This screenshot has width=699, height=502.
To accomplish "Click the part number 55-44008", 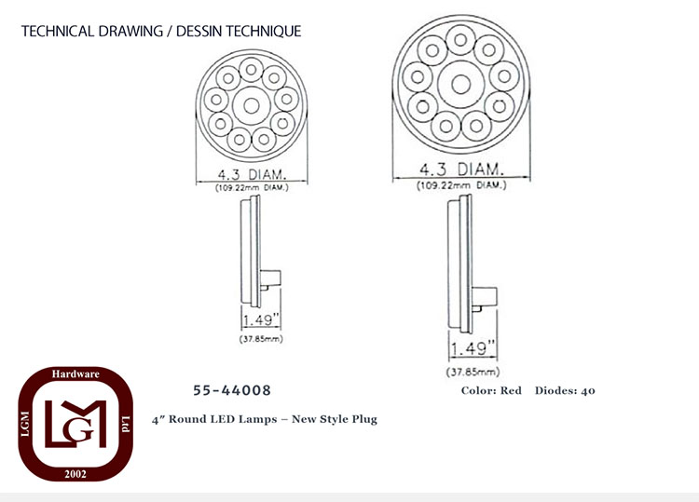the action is [232, 390].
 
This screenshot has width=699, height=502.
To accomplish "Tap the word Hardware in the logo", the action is [75, 373].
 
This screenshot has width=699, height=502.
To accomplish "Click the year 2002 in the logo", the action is [75, 473].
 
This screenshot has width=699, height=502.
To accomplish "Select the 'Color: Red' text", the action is [491, 390].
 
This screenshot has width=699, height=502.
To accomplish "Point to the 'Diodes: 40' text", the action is [565, 390].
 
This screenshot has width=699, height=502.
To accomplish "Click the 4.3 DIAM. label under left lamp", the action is [252, 174].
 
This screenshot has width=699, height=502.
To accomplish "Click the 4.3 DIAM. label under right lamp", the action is [461, 170].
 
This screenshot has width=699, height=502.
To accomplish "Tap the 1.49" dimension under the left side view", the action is [261, 319].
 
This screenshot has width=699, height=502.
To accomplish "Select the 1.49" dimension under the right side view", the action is [473, 348].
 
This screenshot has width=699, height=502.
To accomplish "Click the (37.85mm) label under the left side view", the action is [261, 338].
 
